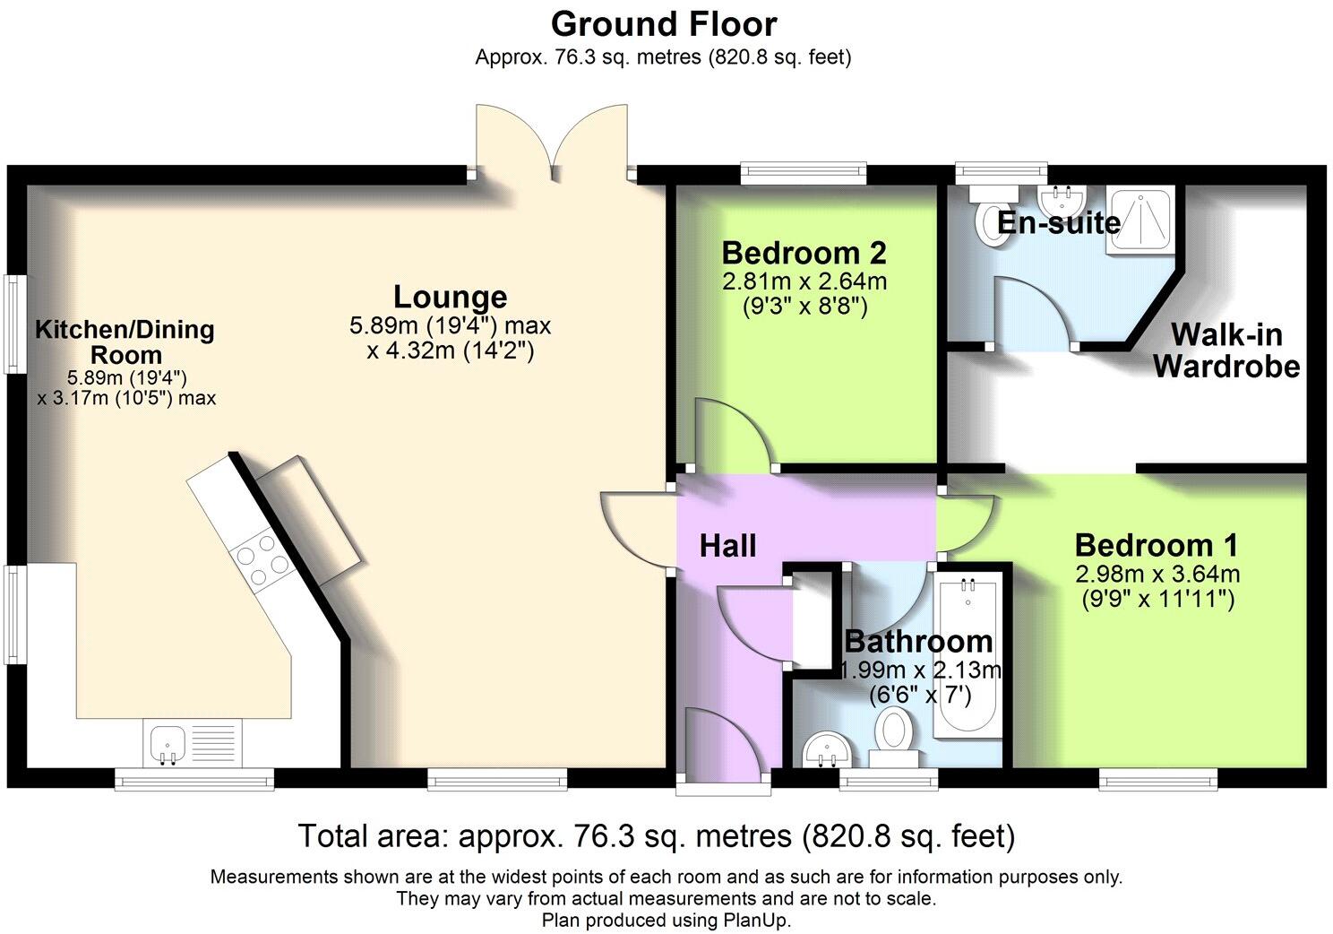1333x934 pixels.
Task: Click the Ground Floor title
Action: pos(664,22)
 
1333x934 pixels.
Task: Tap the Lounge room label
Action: pos(450,297)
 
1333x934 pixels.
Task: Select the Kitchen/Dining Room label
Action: pos(125,342)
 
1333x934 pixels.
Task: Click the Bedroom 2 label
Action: pos(804,253)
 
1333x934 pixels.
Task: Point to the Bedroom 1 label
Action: pos(1156,545)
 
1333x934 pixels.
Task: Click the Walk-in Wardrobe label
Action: pos(1226,350)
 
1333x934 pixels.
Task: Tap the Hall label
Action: pos(727,546)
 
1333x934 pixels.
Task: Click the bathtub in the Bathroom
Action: pos(967,659)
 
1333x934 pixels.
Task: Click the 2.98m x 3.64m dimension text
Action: pos(1157,575)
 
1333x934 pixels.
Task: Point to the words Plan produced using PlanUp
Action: pos(666,921)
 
